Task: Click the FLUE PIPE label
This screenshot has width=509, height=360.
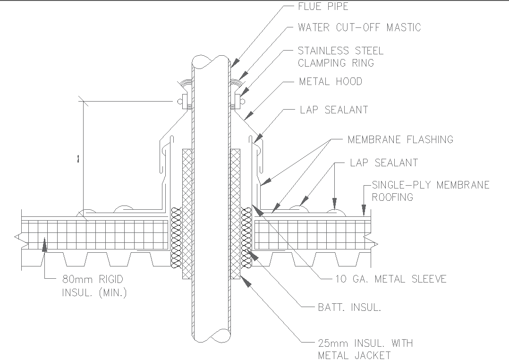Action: [323, 7]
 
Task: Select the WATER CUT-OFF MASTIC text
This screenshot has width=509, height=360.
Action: [359, 27]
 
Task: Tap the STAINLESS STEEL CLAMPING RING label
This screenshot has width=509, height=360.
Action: [340, 57]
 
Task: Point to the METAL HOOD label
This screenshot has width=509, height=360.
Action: [331, 82]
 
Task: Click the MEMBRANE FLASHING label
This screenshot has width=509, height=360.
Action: [400, 139]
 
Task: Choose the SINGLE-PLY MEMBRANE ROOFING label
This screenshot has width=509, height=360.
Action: [430, 191]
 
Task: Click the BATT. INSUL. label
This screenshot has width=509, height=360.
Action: [349, 308]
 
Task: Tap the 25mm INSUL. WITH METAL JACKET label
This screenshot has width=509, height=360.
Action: [365, 349]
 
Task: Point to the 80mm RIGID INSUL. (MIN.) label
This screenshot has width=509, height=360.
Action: [94, 286]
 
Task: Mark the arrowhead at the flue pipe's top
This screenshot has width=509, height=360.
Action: [235, 63]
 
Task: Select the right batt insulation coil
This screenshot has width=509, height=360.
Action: [246, 236]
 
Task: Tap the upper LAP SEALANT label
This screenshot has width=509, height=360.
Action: [334, 110]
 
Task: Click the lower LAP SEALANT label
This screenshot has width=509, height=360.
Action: [384, 163]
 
